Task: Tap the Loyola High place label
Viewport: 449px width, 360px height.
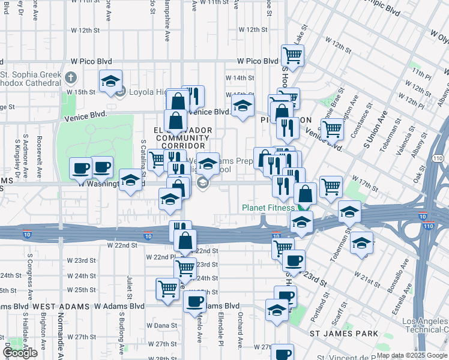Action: (x=149, y=92)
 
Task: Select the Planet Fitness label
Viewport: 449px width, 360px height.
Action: (x=269, y=208)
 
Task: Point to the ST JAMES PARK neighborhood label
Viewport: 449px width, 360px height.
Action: (x=343, y=333)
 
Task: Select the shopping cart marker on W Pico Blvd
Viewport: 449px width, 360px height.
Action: (x=292, y=56)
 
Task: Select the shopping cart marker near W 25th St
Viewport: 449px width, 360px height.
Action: (x=167, y=289)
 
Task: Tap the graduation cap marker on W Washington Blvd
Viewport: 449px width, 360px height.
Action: (x=130, y=179)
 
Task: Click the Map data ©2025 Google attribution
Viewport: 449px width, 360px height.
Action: (x=412, y=355)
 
